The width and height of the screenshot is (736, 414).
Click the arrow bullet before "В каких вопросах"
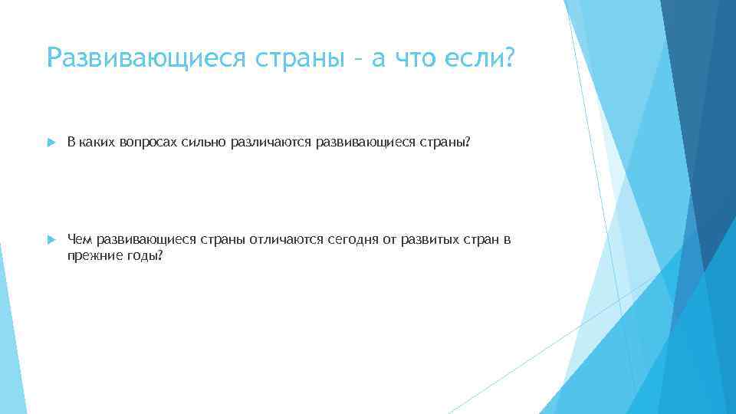tap(51, 143)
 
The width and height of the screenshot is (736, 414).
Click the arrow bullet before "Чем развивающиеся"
tap(51, 240)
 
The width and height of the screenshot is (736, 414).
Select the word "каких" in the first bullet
tap(97, 143)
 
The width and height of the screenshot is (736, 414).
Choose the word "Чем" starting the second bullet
tap(80, 240)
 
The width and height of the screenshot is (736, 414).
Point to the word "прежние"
tap(91, 255)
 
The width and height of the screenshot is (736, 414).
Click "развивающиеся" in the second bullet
tap(146, 240)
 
